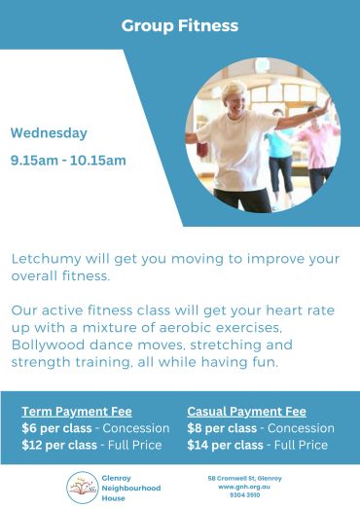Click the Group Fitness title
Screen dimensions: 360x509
(180, 26)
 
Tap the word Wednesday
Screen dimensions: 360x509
(49, 133)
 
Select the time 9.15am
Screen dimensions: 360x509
(34, 161)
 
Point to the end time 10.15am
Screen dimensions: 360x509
(98, 161)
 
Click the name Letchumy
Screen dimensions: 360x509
(46, 259)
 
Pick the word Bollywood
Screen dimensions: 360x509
(48, 345)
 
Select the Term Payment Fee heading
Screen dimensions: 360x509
(77, 412)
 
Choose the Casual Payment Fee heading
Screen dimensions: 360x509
(247, 412)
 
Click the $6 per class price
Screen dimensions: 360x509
(56, 428)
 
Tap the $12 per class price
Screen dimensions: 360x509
(59, 445)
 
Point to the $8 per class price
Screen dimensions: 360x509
(222, 428)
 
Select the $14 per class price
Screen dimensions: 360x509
(226, 445)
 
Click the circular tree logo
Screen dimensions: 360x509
(83, 488)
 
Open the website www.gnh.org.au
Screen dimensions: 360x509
(244, 487)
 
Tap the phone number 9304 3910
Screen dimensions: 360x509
(244, 495)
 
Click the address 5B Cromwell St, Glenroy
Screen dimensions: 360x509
(245, 479)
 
